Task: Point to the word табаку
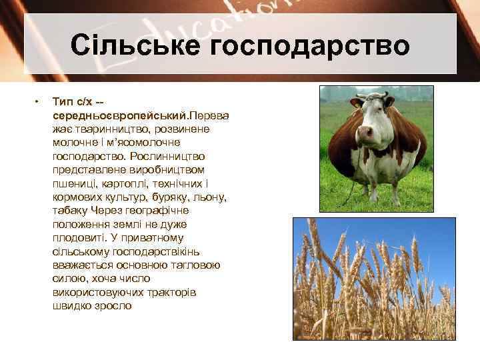pyautogui.click(x=70, y=211)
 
